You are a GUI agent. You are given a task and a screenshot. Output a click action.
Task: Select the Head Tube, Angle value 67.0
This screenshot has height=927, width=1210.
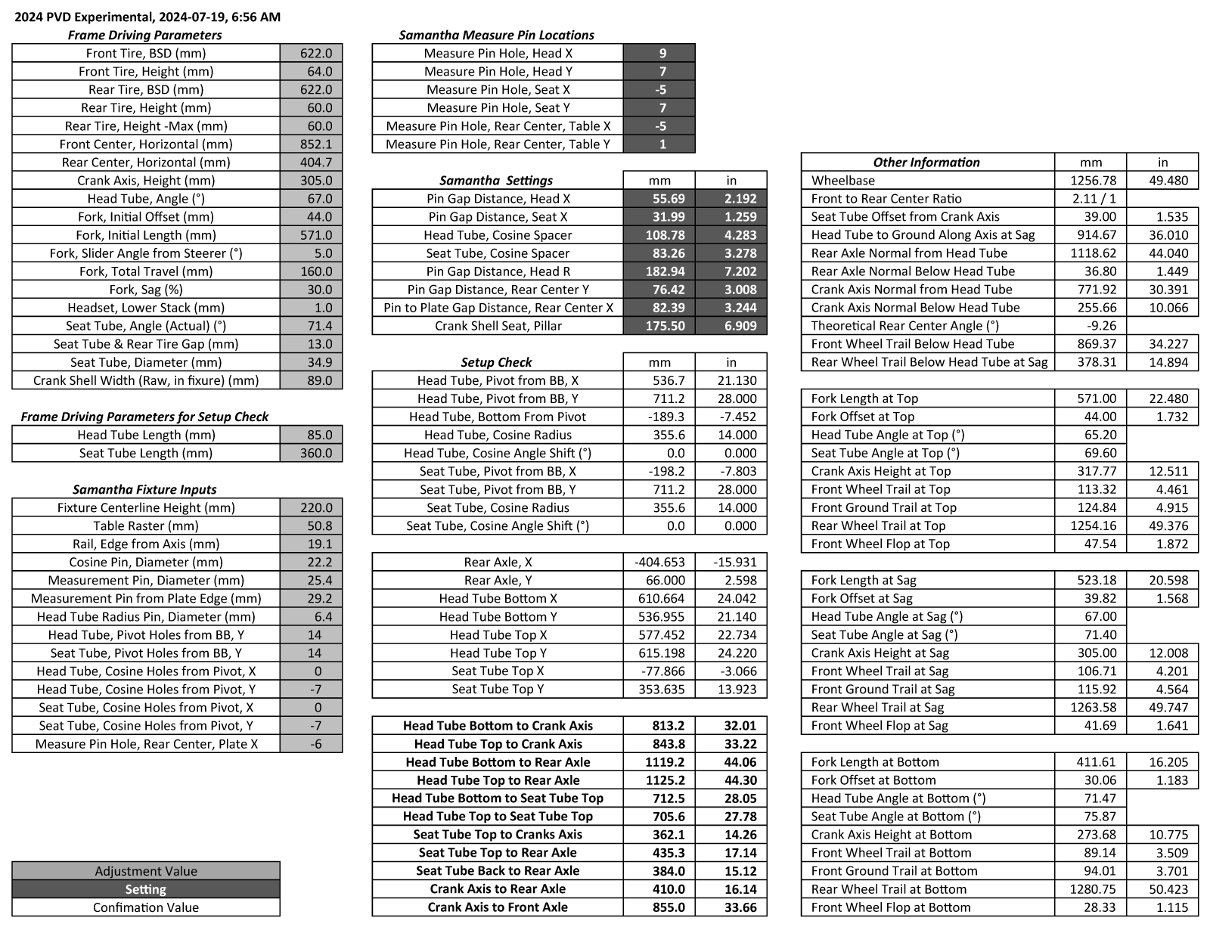tap(311, 199)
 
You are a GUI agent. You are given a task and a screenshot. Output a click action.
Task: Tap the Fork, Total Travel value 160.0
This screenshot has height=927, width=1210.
tap(311, 271)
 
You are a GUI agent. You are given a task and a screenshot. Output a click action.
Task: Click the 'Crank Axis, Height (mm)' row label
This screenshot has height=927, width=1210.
tap(146, 181)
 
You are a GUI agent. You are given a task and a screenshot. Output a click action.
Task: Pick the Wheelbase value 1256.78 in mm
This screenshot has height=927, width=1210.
tap(1090, 181)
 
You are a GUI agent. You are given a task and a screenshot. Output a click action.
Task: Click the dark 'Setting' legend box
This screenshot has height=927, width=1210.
tap(146, 889)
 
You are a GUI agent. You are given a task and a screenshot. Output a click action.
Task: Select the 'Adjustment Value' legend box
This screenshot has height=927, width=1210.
tap(146, 871)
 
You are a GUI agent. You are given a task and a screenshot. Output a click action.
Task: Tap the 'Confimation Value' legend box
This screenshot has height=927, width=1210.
tap(146, 907)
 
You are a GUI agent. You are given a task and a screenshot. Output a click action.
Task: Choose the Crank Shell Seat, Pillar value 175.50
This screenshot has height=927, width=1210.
tap(659, 326)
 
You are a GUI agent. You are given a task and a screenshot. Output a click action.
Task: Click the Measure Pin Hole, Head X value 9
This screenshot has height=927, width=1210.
tap(659, 53)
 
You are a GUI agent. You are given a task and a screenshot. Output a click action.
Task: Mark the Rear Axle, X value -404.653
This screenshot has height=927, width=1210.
tap(659, 563)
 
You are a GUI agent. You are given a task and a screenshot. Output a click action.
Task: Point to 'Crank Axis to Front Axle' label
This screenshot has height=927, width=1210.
tap(498, 907)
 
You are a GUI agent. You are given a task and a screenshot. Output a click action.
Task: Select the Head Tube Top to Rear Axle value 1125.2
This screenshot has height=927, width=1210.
tap(659, 780)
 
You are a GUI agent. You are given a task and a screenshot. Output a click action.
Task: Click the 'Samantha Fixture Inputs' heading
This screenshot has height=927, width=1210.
tap(144, 490)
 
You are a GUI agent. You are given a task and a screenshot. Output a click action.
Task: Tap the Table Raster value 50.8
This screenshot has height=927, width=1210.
tap(311, 526)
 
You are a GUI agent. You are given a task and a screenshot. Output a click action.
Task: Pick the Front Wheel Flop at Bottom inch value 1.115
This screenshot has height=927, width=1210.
tap(1162, 907)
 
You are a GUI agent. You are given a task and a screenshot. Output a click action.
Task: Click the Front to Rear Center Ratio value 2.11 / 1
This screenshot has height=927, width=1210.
tap(1090, 199)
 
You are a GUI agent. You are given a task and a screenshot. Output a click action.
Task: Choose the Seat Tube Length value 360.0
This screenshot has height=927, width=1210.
tap(311, 454)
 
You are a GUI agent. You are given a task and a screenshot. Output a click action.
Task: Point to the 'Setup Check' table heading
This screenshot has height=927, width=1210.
tap(497, 363)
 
